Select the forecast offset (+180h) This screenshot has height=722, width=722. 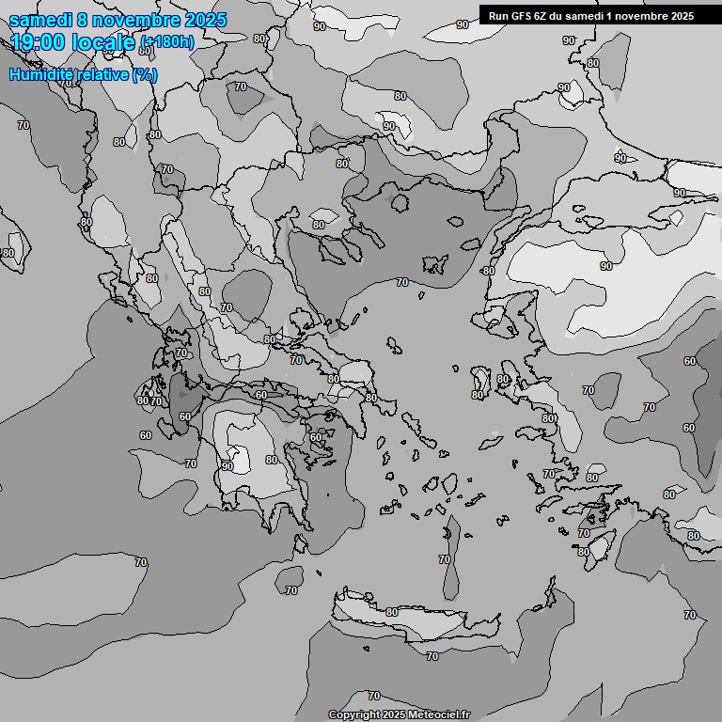point(167,42)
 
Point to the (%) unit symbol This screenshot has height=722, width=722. point(145,74)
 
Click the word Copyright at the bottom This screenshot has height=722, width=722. point(353,714)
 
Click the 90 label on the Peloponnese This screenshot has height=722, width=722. point(228,465)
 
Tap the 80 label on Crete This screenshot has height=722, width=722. point(392,612)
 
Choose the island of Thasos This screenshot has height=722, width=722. point(400,202)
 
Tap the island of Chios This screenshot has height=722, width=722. point(481,382)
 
